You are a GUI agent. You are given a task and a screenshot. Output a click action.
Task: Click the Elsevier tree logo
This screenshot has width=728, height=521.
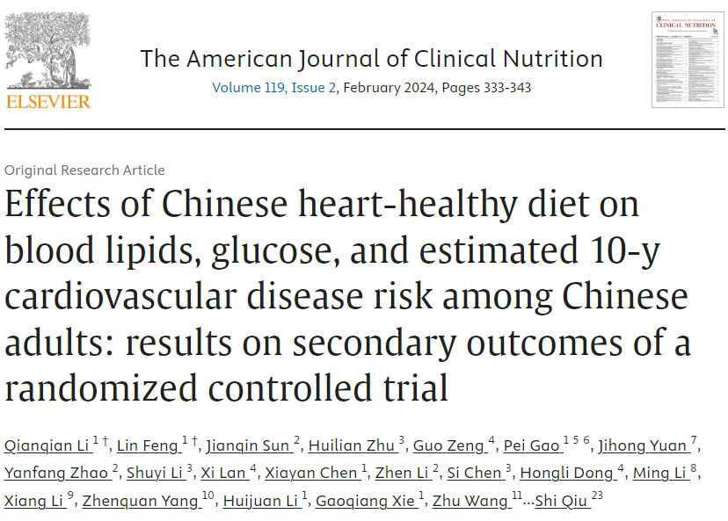[47, 51]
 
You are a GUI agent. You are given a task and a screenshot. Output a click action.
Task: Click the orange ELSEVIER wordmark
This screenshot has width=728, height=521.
[47, 102]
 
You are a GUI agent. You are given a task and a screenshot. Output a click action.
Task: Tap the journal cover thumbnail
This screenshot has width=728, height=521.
[687, 60]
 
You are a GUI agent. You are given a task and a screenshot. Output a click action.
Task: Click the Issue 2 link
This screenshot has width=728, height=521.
[318, 88]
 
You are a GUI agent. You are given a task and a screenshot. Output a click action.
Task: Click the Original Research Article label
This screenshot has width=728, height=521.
[84, 170]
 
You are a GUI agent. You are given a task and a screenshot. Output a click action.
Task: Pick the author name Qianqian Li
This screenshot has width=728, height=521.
[46, 445]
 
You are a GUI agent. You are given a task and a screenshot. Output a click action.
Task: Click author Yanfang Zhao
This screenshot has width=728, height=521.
[56, 473]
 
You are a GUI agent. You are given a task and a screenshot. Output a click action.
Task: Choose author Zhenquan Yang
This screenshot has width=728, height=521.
[143, 501]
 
